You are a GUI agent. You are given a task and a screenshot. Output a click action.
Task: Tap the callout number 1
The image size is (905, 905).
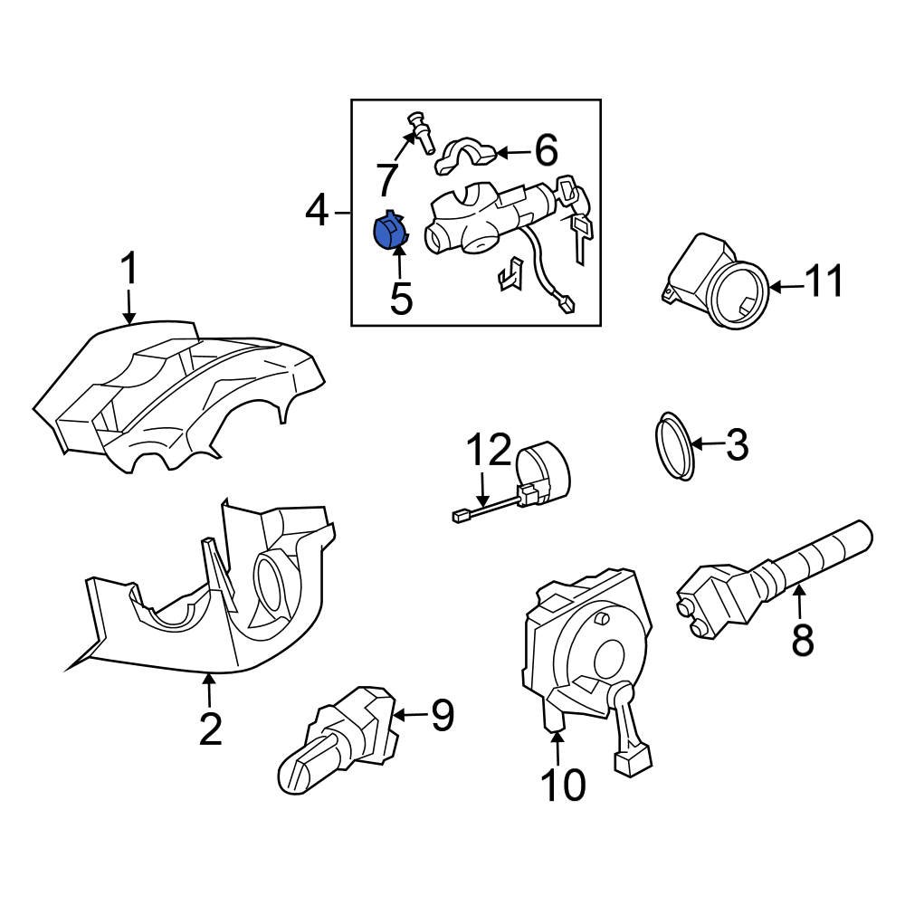[x=129, y=271]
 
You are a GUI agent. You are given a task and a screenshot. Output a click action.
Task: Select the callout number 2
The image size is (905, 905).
[x=210, y=729]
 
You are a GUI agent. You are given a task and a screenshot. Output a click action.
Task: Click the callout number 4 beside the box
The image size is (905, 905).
[x=317, y=212]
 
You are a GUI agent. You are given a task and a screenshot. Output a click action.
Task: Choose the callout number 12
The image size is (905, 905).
[x=489, y=450]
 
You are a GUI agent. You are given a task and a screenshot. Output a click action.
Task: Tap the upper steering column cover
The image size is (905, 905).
[x=181, y=398]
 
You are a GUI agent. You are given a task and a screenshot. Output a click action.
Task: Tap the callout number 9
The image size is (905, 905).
[x=442, y=716]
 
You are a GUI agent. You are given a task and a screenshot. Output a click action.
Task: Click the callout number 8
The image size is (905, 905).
[x=802, y=639]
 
